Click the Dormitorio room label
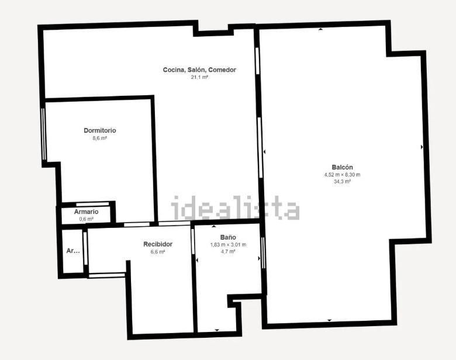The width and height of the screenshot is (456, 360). pyautogui.click(x=100, y=130)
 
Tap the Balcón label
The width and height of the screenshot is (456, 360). pyautogui.click(x=342, y=167)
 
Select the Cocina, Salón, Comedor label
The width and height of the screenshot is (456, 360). pyautogui.click(x=199, y=70)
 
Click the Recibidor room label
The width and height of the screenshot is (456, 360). pyautogui.click(x=158, y=244)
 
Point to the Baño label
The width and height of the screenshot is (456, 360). pyautogui.click(x=228, y=237)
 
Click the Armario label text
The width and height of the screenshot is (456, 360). pyautogui.click(x=86, y=212)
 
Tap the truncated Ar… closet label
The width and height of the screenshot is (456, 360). pyautogui.click(x=73, y=251)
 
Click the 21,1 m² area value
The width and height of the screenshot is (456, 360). pyautogui.click(x=199, y=77)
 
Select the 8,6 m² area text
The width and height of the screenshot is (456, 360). pyautogui.click(x=100, y=138)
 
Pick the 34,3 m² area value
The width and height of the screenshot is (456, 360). pyautogui.click(x=342, y=181)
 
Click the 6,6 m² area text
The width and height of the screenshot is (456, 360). pyautogui.click(x=158, y=252)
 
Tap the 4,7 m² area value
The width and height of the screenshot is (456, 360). pyautogui.click(x=228, y=251)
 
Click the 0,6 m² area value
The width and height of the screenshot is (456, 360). pyautogui.click(x=87, y=219)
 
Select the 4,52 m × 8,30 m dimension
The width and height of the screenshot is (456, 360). pyautogui.click(x=342, y=175)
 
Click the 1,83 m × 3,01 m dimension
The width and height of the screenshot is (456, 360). pyautogui.click(x=228, y=245)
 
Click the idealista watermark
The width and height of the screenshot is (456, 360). pyautogui.click(x=235, y=207)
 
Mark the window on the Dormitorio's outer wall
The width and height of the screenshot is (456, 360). pyautogui.click(x=44, y=134)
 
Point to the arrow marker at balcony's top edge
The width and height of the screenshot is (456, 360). pyautogui.click(x=320, y=29)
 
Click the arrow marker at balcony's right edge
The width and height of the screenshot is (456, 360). pyautogui.click(x=422, y=147)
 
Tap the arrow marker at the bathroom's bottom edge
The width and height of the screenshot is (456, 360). pyautogui.click(x=217, y=330)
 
